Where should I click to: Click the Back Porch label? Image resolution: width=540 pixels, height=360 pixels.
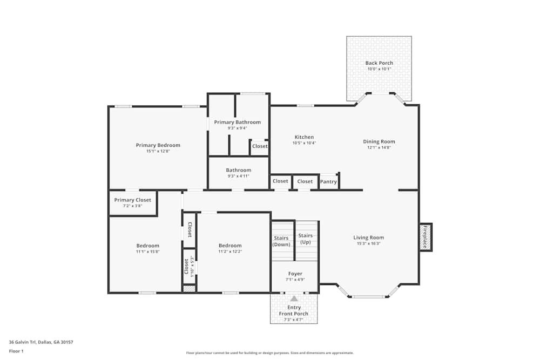(379, 63)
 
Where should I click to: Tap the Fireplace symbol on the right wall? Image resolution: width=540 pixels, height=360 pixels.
(426, 237)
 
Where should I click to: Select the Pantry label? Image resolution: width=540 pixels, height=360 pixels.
(328, 182)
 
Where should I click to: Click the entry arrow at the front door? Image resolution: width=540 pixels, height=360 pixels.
(294, 298)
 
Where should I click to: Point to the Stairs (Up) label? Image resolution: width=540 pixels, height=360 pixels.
(306, 239)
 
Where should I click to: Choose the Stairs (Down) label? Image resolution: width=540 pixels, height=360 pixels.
(281, 241)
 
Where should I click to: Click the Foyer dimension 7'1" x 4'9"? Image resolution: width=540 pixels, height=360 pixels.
(295, 280)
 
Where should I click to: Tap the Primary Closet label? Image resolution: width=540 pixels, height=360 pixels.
(133, 200)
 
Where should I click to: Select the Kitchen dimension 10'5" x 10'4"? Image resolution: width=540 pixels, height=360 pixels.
(304, 143)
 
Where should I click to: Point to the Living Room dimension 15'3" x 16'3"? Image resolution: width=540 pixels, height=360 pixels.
(369, 243)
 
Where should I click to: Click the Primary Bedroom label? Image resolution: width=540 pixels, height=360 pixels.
(158, 145)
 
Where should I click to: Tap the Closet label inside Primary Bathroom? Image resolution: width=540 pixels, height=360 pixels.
(260, 146)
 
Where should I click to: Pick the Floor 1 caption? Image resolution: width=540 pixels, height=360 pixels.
(16, 351)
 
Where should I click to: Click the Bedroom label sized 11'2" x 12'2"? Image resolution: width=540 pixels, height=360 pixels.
(230, 246)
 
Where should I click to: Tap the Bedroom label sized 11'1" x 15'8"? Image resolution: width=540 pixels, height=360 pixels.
(147, 246)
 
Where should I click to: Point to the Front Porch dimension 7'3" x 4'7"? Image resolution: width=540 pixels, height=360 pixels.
(294, 320)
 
